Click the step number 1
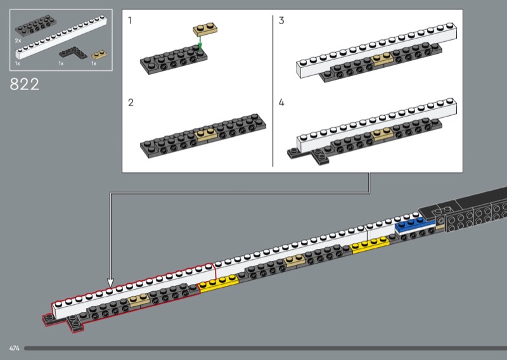(130, 21)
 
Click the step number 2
(131, 101)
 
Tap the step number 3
(281, 21)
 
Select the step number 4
(281, 101)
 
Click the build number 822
(25, 84)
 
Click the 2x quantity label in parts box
(18, 40)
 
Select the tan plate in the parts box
(98, 55)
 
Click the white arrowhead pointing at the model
(110, 282)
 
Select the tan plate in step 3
(382, 60)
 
